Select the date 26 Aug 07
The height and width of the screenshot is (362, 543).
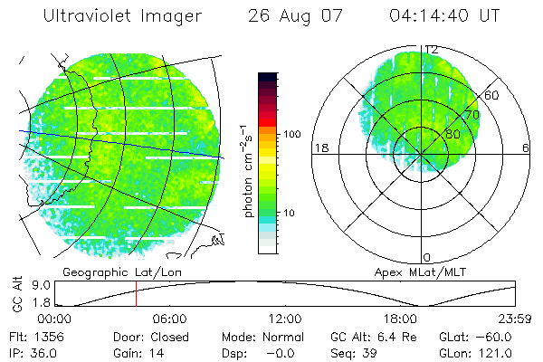[x=297, y=17]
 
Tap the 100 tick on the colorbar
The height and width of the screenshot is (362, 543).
[x=293, y=134]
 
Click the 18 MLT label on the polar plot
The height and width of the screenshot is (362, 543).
[x=319, y=148]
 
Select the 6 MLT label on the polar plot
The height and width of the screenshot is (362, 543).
[x=526, y=148]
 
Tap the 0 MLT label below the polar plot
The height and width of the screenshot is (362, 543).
[x=426, y=258]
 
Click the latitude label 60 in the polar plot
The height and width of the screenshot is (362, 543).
[x=492, y=94]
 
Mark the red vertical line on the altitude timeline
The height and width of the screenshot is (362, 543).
[x=136, y=293]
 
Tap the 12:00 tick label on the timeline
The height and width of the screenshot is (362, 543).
[x=285, y=319]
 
